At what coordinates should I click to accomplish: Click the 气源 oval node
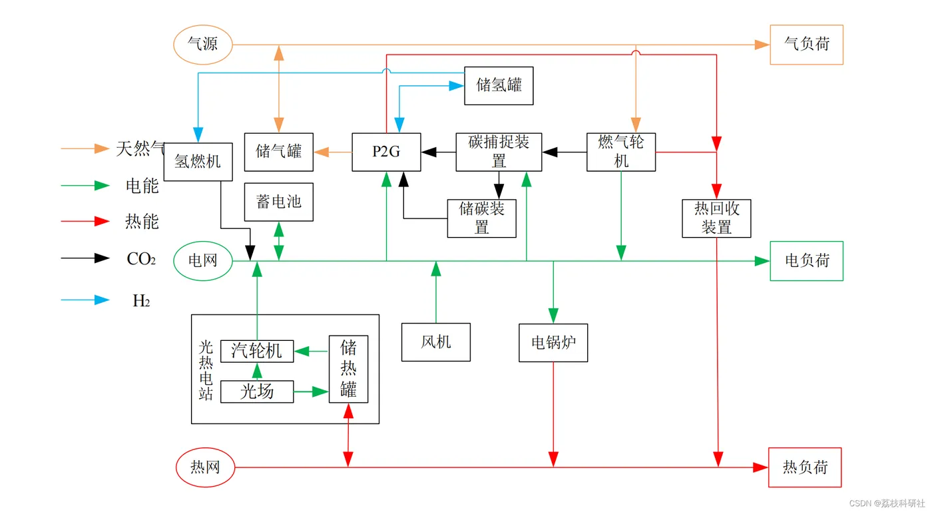point(203,45)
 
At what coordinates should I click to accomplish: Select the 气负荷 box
point(806,45)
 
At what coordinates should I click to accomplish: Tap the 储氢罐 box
point(499,85)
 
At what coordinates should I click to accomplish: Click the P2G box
point(386,152)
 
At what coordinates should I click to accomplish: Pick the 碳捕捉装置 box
point(499,152)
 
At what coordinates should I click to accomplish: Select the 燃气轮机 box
point(621,152)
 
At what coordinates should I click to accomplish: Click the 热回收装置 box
point(716,218)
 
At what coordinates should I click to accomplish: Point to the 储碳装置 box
point(481,218)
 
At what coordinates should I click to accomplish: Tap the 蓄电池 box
point(278,202)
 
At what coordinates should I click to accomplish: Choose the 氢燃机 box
point(198,161)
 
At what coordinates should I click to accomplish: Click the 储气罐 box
point(278,152)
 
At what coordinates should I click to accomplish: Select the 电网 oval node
point(203,260)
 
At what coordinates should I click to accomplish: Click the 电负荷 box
point(806,260)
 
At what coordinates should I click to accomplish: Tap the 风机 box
point(436,342)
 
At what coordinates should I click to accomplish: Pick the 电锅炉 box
point(553,343)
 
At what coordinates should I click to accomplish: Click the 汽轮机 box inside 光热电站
point(256,351)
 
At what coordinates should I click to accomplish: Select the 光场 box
point(256,391)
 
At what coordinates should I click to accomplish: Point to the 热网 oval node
point(205,467)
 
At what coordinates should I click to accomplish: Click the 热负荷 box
point(805,467)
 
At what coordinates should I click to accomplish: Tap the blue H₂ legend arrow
point(85,300)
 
